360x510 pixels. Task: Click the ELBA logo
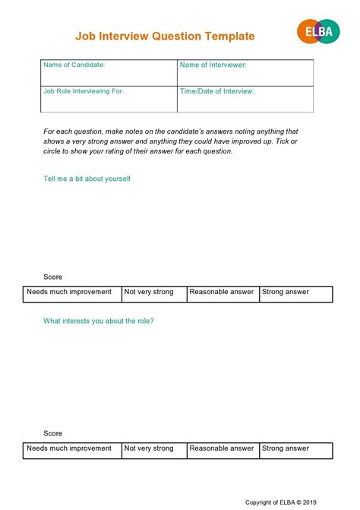[317, 32]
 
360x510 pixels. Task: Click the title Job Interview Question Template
[165, 36]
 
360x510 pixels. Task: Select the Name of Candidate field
[109, 73]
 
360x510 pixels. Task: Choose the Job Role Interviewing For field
[109, 99]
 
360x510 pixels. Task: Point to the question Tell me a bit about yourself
[87, 179]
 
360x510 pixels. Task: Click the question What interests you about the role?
[99, 321]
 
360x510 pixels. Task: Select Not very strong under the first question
[153, 293]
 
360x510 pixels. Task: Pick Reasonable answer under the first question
[223, 293]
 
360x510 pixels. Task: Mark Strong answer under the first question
[295, 293]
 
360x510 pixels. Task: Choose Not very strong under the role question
[153, 449]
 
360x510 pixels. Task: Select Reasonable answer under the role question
[223, 449]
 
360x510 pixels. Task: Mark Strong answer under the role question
[295, 449]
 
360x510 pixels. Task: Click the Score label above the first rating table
[53, 277]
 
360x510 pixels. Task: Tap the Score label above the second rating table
[53, 433]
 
